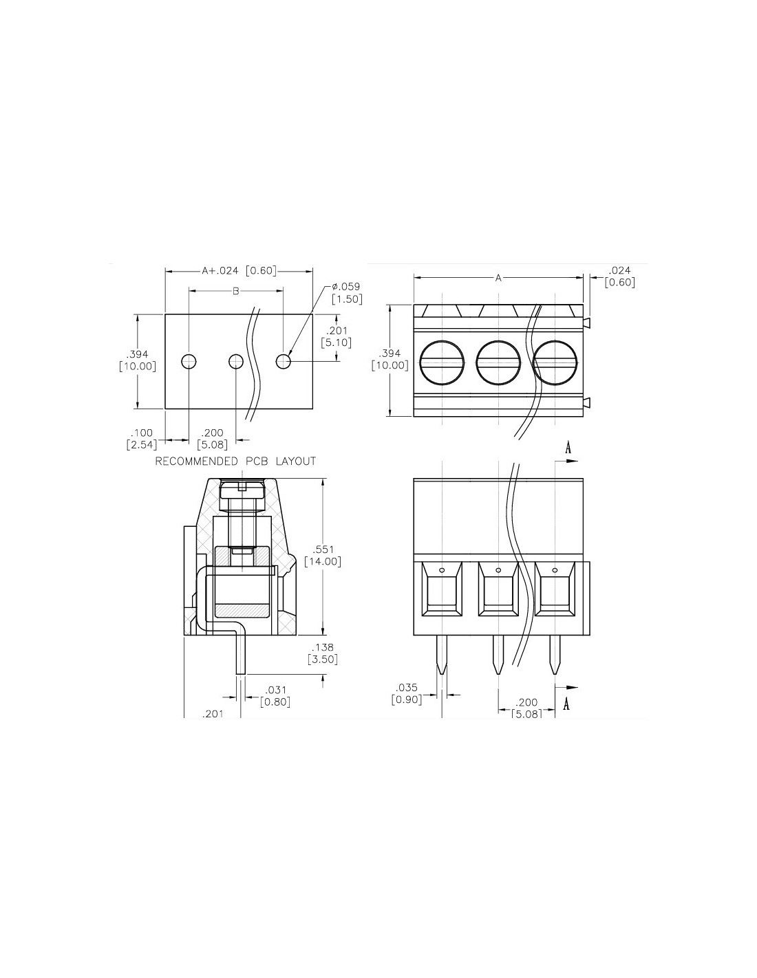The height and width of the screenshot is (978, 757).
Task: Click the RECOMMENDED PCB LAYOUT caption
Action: (x=235, y=461)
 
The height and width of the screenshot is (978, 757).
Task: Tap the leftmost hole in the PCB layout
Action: (x=189, y=361)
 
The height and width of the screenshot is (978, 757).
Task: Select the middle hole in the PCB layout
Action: (x=236, y=361)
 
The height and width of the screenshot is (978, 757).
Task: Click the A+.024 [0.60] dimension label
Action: (x=239, y=271)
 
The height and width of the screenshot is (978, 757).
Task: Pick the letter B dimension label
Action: (x=235, y=292)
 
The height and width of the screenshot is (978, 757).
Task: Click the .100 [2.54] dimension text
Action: (x=142, y=439)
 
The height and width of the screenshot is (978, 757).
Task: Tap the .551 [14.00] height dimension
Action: (x=323, y=556)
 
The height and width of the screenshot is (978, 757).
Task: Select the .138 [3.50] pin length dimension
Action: (x=323, y=653)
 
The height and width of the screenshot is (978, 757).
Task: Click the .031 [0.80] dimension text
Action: (x=275, y=696)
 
